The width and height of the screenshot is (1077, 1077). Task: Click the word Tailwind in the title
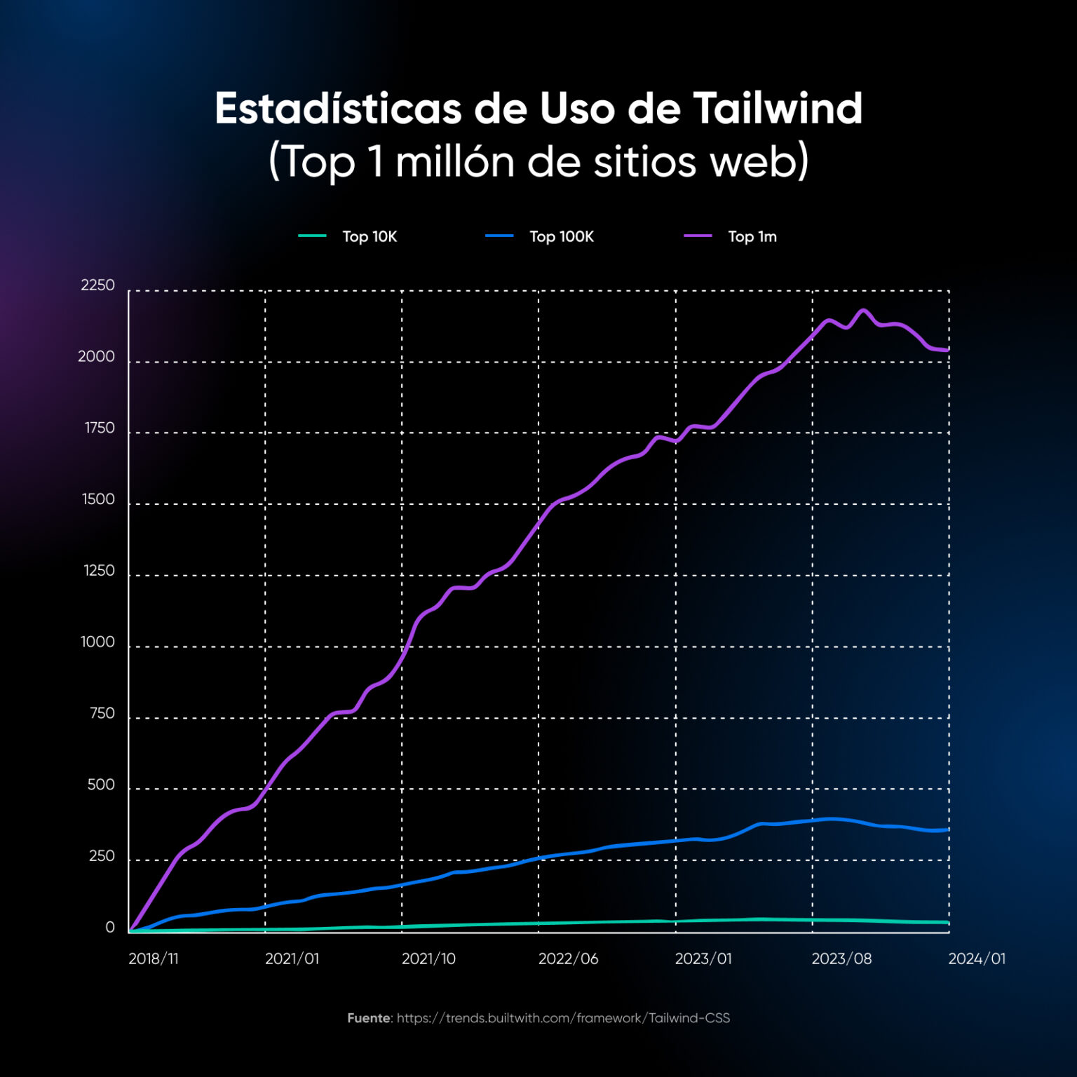click(x=778, y=109)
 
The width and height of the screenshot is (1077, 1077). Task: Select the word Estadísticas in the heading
click(x=338, y=109)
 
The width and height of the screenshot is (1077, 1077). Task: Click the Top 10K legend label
click(x=370, y=237)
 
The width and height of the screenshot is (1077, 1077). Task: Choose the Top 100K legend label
click(x=561, y=237)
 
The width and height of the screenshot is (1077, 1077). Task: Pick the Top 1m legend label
click(x=752, y=237)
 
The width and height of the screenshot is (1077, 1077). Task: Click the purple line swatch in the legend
click(x=698, y=236)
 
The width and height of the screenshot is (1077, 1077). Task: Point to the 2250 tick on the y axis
click(x=97, y=285)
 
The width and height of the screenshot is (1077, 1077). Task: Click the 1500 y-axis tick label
click(x=98, y=500)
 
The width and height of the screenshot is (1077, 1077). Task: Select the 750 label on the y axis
click(x=102, y=714)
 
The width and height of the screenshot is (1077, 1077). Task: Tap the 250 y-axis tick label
click(x=102, y=856)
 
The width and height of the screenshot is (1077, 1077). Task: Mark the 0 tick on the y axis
click(x=110, y=928)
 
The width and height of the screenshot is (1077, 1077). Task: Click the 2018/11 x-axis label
click(x=153, y=959)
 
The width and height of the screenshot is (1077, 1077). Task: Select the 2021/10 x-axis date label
click(x=428, y=959)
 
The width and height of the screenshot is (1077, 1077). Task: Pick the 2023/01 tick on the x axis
click(x=703, y=959)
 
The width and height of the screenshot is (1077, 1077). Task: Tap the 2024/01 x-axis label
click(x=977, y=959)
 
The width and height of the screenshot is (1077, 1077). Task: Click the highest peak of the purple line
click(x=863, y=310)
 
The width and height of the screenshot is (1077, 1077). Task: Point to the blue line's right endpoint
click(x=948, y=830)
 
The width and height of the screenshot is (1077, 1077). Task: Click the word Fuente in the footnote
click(x=369, y=1018)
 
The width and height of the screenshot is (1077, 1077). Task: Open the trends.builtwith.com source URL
click(x=563, y=1018)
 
